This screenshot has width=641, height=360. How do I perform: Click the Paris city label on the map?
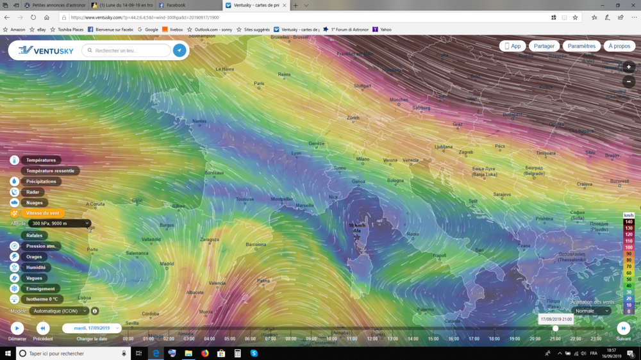259,83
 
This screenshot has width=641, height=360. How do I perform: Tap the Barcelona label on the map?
256,244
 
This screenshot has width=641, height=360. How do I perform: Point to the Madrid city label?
167,263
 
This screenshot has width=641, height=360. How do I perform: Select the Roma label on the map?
413,234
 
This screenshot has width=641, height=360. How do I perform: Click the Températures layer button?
41,160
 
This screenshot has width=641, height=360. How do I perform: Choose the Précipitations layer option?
41,181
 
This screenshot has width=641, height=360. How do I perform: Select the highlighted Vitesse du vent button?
42,213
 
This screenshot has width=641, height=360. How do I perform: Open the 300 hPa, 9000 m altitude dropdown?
60,224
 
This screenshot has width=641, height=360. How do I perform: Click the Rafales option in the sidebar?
35,235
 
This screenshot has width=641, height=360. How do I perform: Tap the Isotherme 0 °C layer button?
42,299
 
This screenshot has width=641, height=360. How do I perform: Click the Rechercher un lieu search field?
128,50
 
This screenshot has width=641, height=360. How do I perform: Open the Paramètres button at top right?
581,46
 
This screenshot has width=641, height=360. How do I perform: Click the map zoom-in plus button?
629,67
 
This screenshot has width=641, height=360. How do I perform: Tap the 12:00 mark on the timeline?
372,339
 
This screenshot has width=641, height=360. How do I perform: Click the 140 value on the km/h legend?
629,222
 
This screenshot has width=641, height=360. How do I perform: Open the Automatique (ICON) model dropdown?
59,311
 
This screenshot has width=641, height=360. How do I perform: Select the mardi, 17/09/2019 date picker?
92,328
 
